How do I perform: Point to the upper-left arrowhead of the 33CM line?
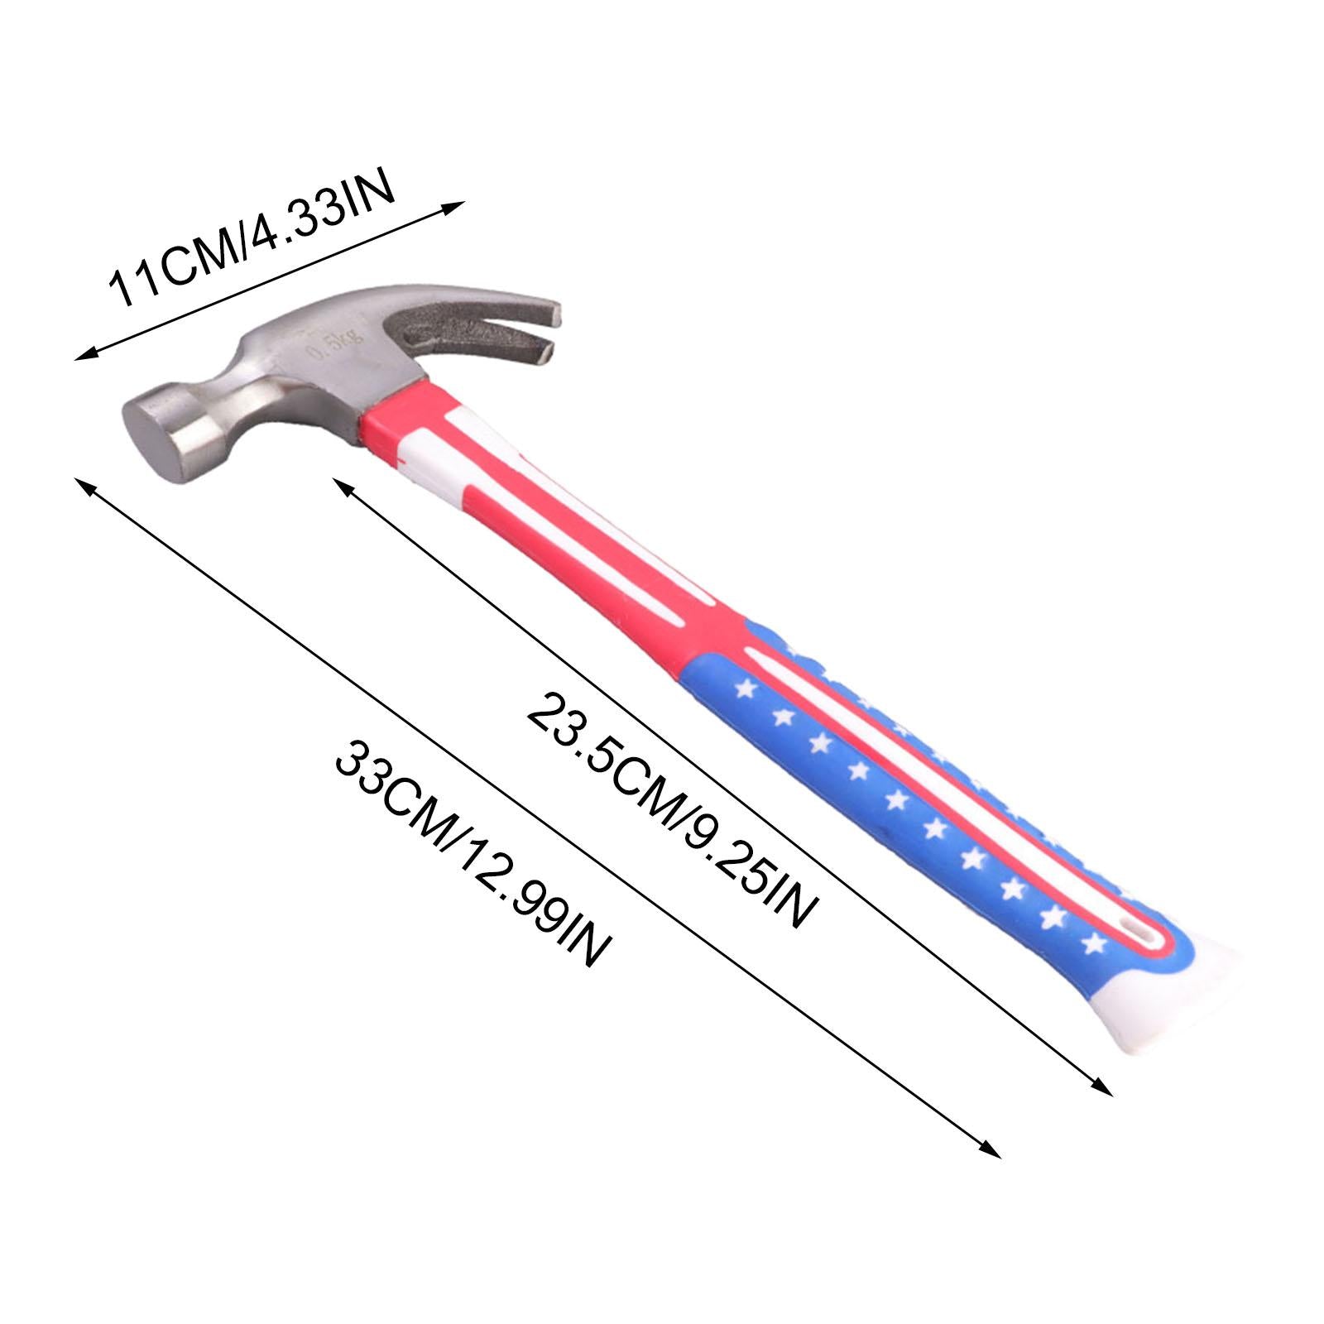tap(81, 483)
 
